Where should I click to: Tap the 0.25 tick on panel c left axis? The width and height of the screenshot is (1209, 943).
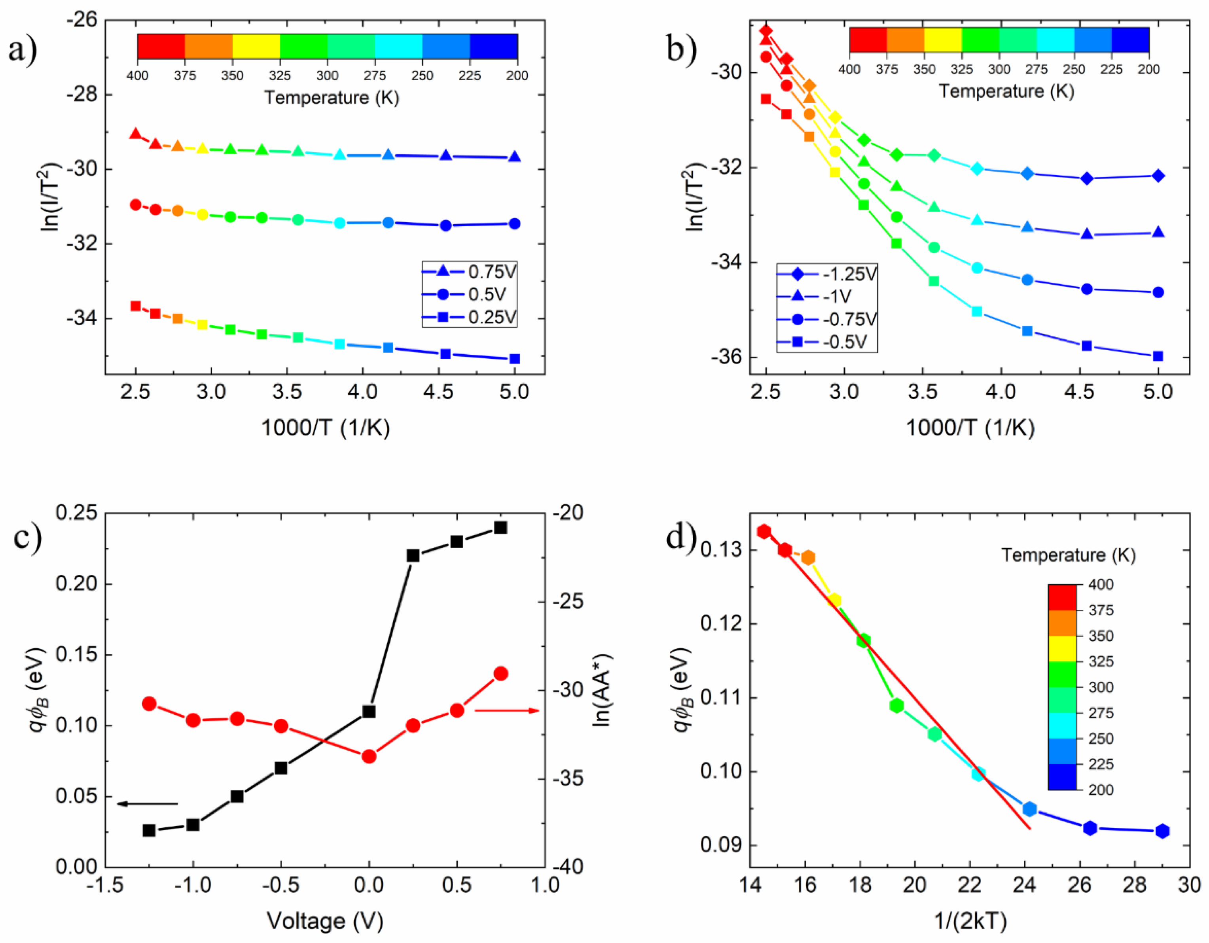(76, 513)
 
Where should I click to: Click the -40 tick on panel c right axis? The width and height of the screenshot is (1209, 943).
(567, 867)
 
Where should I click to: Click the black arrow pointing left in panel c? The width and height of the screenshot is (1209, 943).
(147, 803)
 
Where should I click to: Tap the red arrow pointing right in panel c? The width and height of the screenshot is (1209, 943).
(506, 710)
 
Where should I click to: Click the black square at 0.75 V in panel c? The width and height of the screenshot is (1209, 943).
(500, 527)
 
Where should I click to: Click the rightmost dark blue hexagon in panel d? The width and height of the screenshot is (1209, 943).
(1162, 831)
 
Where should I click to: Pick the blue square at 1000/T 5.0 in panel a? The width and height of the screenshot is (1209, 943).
(514, 359)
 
